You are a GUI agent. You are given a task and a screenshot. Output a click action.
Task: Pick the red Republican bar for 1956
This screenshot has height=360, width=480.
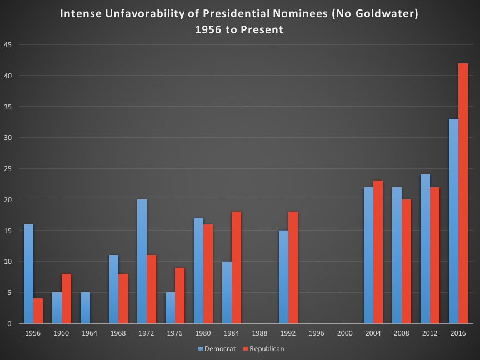click(38, 311)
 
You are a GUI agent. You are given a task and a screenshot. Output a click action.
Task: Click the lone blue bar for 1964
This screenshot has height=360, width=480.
click(85, 308)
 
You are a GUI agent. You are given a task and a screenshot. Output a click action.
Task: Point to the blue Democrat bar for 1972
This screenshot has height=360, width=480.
click(142, 262)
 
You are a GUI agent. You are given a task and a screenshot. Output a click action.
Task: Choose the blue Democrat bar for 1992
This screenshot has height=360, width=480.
click(283, 277)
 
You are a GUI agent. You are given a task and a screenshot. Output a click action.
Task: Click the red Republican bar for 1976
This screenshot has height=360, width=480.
click(179, 296)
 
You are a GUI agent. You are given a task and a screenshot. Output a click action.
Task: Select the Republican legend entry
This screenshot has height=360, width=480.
click(264, 349)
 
